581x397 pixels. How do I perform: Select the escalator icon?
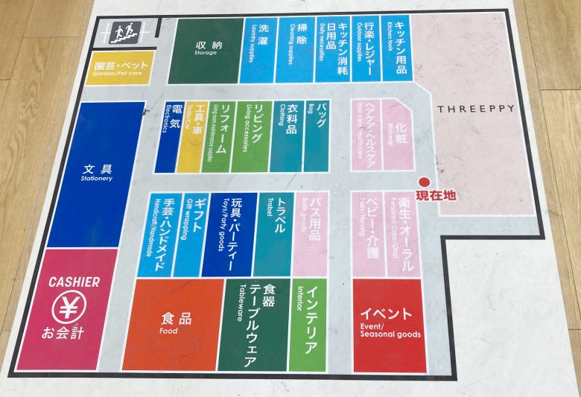pos(124,32)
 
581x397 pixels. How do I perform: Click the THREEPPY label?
pos(475,109)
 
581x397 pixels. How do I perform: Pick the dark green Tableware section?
pos(253,324)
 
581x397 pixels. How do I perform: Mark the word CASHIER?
pos(74,282)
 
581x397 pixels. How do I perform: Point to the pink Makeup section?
pos(398,133)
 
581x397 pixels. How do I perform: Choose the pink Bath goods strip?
pos(310,232)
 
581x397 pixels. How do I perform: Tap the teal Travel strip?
pos(273,232)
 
